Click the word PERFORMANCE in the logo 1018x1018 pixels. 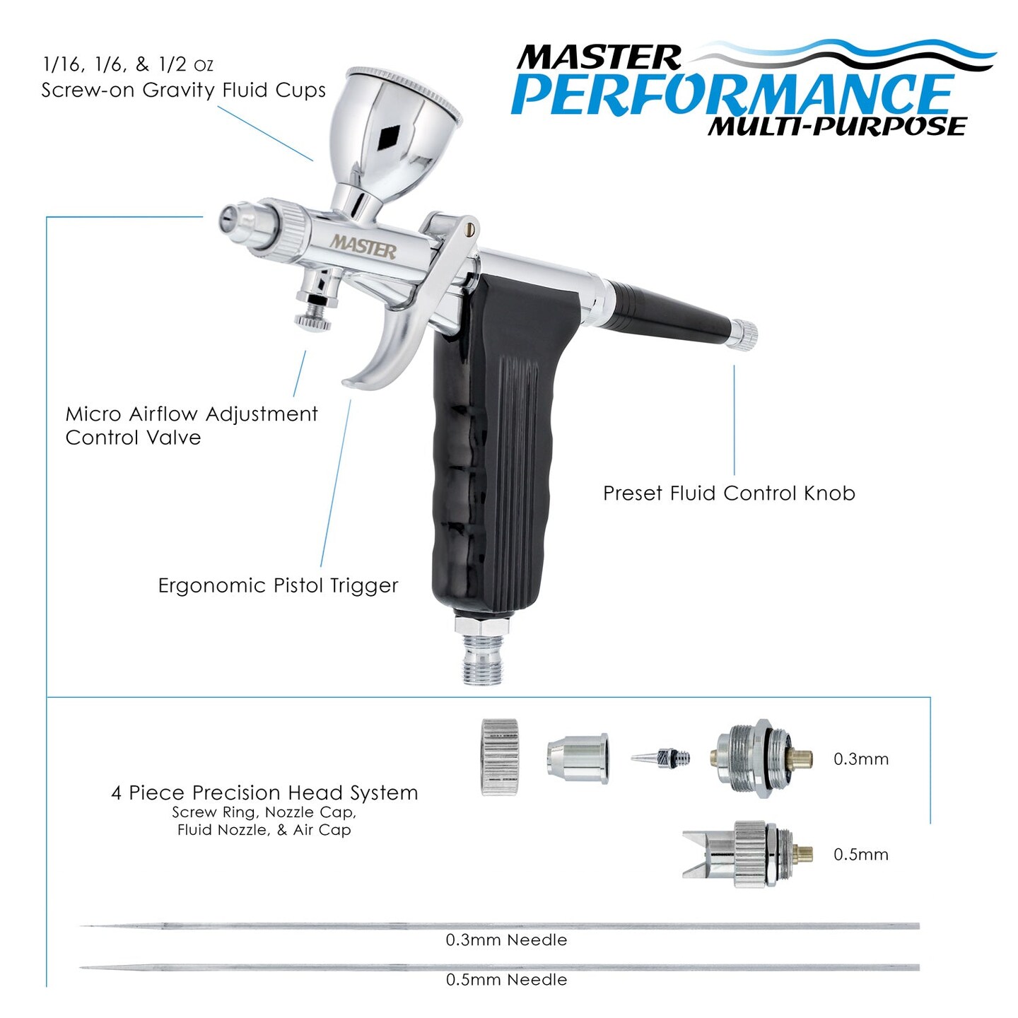[x=732, y=94]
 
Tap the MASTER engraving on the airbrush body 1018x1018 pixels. [x=363, y=247]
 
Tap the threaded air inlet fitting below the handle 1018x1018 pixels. [x=484, y=654]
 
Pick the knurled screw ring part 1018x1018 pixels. [x=500, y=757]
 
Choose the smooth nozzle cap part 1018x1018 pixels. [x=577, y=758]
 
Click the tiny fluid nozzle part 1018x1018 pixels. [x=660, y=758]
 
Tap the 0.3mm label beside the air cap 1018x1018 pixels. [x=860, y=759]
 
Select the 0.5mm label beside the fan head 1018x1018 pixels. [x=860, y=855]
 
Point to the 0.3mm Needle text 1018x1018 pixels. [x=506, y=940]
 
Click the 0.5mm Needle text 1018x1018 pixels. [x=506, y=980]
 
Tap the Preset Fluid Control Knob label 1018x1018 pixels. [x=729, y=493]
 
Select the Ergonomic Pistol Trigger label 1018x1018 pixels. [x=278, y=585]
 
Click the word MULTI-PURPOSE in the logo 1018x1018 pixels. [x=837, y=127]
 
